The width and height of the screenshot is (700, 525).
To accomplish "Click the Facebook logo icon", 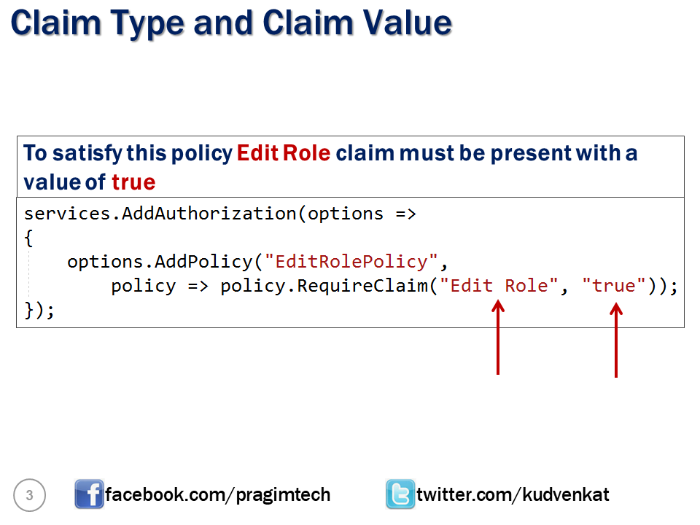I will [89, 495].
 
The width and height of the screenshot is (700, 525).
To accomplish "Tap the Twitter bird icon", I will [400, 495].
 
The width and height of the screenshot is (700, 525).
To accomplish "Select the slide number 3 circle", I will [30, 496].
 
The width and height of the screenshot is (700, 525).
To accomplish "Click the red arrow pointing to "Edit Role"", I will [498, 340].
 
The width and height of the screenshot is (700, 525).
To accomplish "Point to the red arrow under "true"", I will [616, 341].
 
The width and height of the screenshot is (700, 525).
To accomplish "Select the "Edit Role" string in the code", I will [499, 286].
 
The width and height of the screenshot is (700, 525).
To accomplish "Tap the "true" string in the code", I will [614, 286].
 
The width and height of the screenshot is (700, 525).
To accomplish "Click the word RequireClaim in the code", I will [362, 286].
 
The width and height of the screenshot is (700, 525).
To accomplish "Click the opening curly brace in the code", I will [28, 238].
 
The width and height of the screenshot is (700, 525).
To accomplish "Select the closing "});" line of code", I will [39, 310].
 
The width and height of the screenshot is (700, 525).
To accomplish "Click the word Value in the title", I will [408, 23].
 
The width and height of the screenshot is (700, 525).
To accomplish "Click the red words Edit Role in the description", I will [284, 154].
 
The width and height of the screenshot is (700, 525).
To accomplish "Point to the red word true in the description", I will [133, 182].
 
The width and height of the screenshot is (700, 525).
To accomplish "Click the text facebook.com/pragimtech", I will [217, 495].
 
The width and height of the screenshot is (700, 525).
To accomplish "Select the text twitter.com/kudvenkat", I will [513, 495].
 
